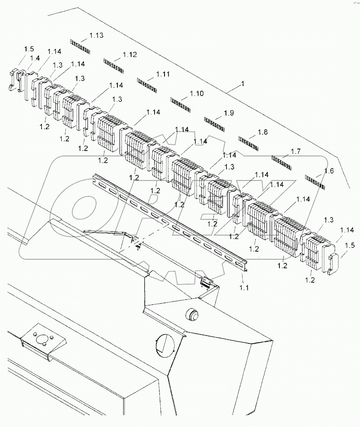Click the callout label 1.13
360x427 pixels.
pos(96,36)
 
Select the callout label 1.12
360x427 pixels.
pos(130,55)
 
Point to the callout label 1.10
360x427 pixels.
pos(197,93)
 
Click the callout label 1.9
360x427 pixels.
pos(229,113)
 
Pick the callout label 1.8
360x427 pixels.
pos(263,132)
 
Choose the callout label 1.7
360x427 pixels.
pos(296,151)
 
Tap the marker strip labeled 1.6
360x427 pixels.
pos(315,182)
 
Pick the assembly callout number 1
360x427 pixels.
pos(243,84)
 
